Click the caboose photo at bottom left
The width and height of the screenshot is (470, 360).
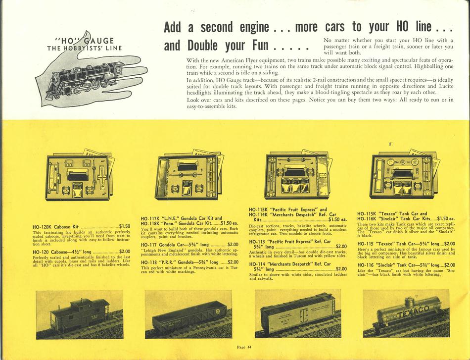[x=80, y=315]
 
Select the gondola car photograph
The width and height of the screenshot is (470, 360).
[x=188, y=314]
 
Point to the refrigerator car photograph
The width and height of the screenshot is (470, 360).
[x=298, y=313]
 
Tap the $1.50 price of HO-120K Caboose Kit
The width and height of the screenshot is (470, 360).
[x=125, y=226]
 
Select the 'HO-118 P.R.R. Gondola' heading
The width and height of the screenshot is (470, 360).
[x=180, y=262]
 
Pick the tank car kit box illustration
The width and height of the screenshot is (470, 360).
[x=405, y=174]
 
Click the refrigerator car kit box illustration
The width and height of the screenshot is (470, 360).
[x=298, y=174]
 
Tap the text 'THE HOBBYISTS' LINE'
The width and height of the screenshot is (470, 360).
[x=85, y=48]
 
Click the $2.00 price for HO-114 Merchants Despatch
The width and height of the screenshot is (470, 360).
[x=341, y=269]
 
